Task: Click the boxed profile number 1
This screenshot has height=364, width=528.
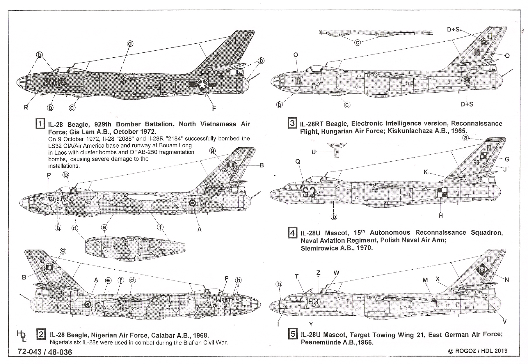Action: [40, 124]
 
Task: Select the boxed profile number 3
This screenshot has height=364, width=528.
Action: [292, 123]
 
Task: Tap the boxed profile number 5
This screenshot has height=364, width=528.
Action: [292, 334]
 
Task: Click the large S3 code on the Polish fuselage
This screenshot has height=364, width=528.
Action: [309, 192]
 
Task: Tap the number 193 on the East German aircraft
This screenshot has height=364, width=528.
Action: [312, 301]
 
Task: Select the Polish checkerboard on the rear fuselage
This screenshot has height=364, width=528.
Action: [441, 192]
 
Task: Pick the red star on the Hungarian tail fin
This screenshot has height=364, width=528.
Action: [484, 43]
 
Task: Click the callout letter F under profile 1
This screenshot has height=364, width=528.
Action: [214, 109]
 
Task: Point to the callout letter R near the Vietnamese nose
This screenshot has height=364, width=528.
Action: [26, 107]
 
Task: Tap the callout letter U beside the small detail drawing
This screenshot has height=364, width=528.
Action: [314, 152]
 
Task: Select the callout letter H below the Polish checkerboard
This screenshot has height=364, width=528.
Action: [441, 215]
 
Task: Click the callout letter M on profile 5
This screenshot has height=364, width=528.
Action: [425, 280]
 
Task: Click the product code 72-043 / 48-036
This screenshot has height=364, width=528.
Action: [45, 352]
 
